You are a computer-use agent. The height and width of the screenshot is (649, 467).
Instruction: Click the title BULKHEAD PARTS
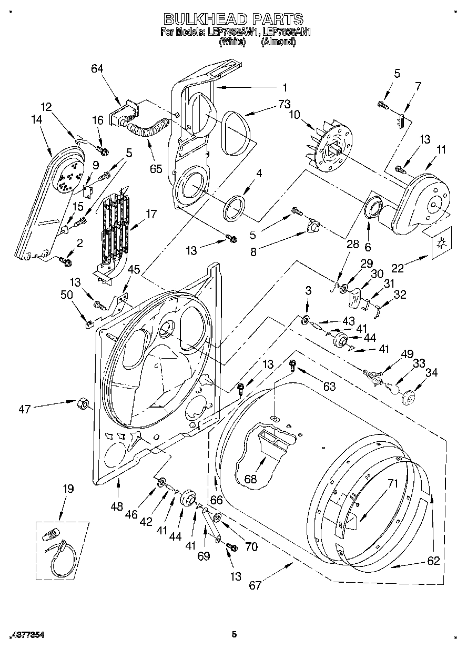(x=233, y=19)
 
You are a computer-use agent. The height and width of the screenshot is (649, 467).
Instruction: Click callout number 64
(x=97, y=68)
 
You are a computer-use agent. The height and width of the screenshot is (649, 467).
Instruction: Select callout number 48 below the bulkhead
(x=117, y=507)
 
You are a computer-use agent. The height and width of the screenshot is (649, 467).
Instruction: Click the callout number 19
(x=68, y=489)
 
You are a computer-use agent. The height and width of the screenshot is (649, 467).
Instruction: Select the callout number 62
(x=433, y=561)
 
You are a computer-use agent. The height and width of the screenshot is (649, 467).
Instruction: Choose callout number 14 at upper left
(x=36, y=120)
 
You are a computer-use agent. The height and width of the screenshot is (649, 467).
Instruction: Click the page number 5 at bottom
(x=233, y=635)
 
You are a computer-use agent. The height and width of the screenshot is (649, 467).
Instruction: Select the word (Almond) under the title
(x=278, y=42)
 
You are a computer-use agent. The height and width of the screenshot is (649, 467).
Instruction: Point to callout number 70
(x=251, y=546)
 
